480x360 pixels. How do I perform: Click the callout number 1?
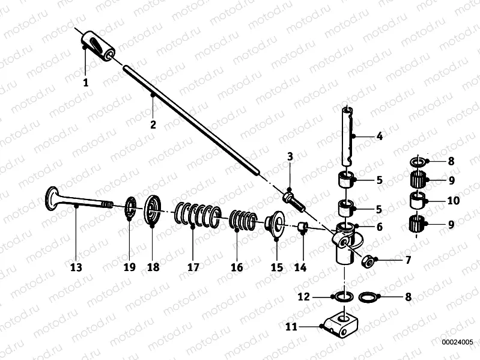[86, 82]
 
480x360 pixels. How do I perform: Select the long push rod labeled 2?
[191, 120]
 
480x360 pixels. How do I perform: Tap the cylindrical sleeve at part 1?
[98, 46]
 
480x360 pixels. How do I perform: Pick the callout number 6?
[380, 227]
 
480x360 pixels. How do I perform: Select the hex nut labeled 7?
[367, 261]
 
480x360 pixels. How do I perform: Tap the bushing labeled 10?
[418, 201]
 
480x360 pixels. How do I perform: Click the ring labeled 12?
[344, 297]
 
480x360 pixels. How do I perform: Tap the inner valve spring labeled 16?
[243, 221]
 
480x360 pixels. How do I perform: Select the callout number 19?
[130, 267]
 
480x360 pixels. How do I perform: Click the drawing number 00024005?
[457, 342]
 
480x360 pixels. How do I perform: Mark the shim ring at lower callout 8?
[368, 297]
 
